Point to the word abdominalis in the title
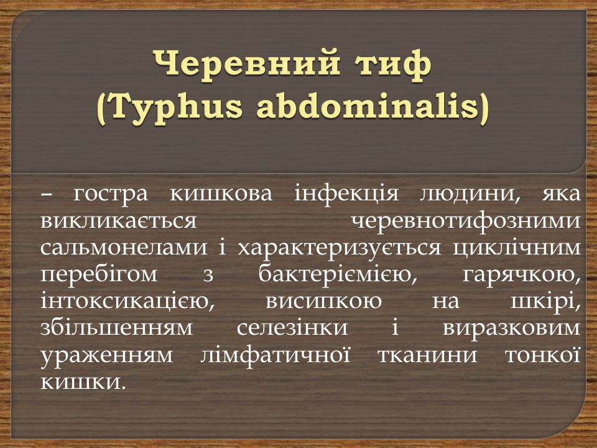pos(368,106)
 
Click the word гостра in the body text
pos(110,194)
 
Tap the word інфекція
pos(346,194)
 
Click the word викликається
pos(118,221)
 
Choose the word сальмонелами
pos(124,248)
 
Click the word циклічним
pos(517,248)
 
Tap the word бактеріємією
pos(337,274)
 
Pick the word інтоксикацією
pos(127,301)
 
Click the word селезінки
pos(292,328)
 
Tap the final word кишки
pos(83,381)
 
